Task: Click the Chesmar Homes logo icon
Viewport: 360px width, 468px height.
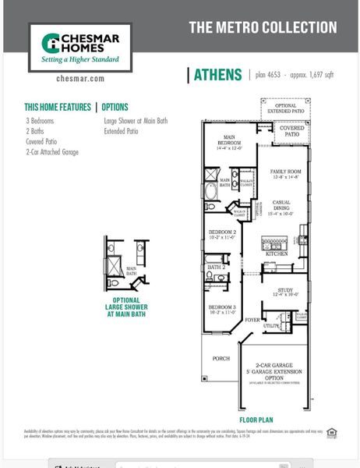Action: pyautogui.click(x=51, y=43)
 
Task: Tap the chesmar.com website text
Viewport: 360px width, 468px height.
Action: pyautogui.click(x=76, y=78)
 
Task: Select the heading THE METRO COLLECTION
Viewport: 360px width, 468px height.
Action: pyautogui.click(x=263, y=27)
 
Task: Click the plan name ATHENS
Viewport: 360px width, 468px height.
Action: pyautogui.click(x=217, y=75)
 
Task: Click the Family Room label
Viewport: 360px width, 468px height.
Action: pyautogui.click(x=285, y=173)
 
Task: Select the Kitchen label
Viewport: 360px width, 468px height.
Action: pyautogui.click(x=277, y=254)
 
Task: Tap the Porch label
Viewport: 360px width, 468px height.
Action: pyautogui.click(x=221, y=359)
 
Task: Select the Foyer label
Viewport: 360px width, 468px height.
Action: pyautogui.click(x=252, y=320)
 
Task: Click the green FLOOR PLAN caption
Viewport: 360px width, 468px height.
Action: pyautogui.click(x=257, y=419)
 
